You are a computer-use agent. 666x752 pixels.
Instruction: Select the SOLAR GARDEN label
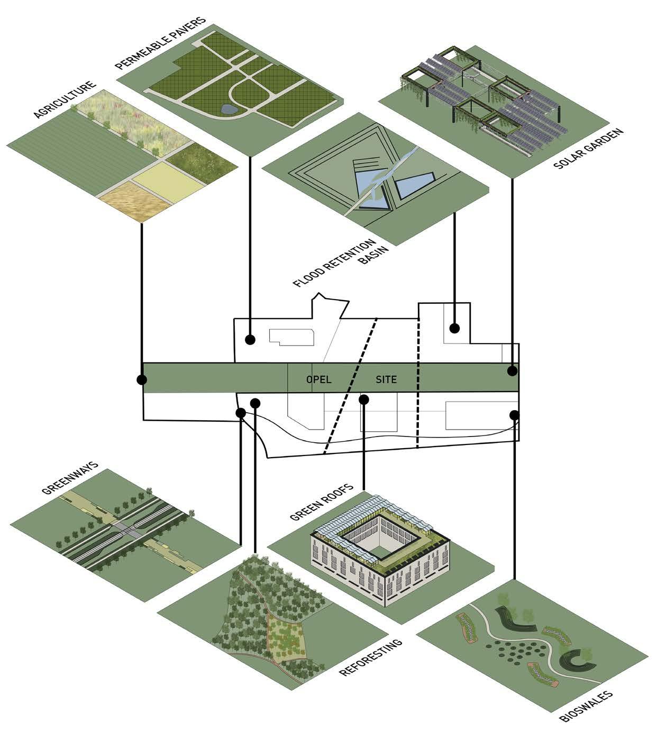pos(588,148)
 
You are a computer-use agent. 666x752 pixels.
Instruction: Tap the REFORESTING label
pos(370,657)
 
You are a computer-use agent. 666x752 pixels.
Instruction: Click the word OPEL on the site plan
pos(318,379)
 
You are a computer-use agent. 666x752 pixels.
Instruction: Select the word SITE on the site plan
pos(386,379)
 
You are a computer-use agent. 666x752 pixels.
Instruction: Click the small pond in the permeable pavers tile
pos(229,109)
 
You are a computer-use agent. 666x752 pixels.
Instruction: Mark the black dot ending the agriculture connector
pos(142,379)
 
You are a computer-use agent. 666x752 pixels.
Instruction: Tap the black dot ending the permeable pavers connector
pos(250,339)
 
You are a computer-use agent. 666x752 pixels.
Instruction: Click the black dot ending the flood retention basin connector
pos(454,328)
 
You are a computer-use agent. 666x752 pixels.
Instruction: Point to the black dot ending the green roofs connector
pos(363,400)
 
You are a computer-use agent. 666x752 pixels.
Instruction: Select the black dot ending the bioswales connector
pos(514,415)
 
